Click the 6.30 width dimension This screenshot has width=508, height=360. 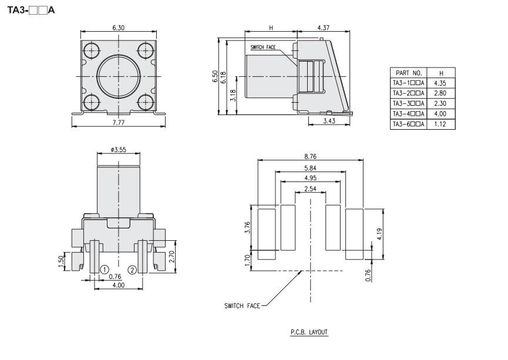[118, 28]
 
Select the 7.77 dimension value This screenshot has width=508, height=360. [118, 123]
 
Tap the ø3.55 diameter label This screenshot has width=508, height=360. [119, 150]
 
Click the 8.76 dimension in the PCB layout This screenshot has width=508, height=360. [310, 156]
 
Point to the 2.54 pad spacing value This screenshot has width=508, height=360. [310, 189]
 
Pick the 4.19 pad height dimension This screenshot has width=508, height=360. [380, 234]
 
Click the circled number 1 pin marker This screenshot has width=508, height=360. [105, 270]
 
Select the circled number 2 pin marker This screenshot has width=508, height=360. [132, 270]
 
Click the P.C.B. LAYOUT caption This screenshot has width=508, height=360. [309, 332]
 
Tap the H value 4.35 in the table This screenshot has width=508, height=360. [440, 83]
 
